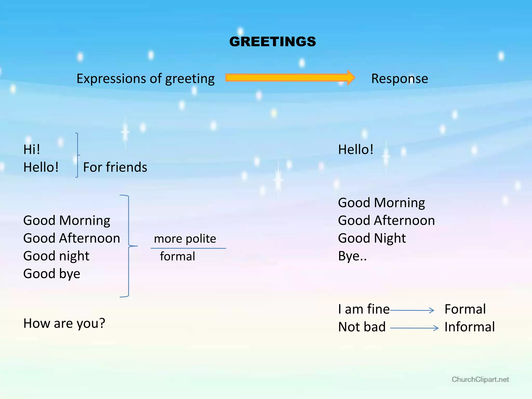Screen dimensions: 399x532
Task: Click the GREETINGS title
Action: pos(272,42)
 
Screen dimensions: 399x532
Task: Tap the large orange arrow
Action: pos(290,78)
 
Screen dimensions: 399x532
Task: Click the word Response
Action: pos(399,78)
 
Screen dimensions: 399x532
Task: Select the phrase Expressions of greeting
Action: pos(145,79)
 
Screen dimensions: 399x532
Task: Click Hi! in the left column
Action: pos(32,149)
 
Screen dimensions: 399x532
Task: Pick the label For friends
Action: pos(115,167)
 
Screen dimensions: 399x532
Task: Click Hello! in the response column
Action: pos(356,149)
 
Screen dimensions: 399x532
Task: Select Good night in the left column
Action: pos(56,256)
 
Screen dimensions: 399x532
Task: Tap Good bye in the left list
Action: pos(52,274)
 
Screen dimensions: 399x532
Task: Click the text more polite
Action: pos(185,238)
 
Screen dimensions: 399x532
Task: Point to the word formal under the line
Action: pos(177,256)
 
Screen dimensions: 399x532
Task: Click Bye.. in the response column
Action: pos(352,256)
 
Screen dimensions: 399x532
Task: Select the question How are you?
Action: pos(64,323)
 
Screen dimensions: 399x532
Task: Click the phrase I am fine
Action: pos(364,309)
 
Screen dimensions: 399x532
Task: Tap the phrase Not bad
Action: pos(362,327)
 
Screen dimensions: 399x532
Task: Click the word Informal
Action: pos(469,327)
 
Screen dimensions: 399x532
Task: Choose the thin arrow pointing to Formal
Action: pos(412,310)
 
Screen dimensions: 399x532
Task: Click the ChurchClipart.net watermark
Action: pos(480,380)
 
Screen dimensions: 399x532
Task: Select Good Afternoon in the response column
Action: pos(386,220)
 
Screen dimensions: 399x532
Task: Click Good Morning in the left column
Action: pos(66,220)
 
